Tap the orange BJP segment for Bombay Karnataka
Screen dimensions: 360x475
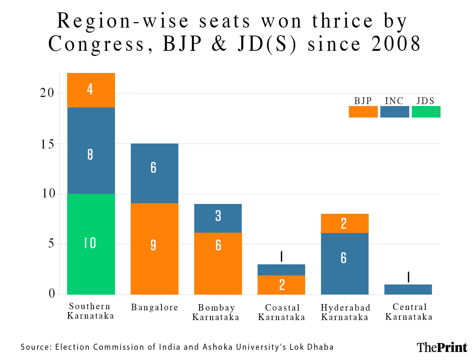tap(218, 263)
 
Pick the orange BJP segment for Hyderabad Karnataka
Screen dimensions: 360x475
tap(344, 223)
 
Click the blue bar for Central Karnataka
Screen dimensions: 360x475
tap(408, 289)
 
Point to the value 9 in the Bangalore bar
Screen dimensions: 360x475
tap(153, 245)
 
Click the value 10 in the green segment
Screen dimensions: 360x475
tap(90, 243)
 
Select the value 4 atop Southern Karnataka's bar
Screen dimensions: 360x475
tap(90, 89)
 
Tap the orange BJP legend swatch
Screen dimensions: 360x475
tap(363, 112)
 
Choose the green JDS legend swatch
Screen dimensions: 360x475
tap(426, 112)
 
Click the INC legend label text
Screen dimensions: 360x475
tap(394, 101)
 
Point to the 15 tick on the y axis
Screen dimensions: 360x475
tap(47, 144)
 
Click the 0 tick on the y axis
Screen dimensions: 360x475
tap(52, 293)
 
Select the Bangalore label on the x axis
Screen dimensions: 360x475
tap(155, 308)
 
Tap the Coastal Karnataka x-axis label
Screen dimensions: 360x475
tap(282, 312)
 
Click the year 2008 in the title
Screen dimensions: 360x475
tap(396, 44)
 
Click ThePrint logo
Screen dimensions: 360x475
tap(442, 347)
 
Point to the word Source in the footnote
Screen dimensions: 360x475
tap(35, 347)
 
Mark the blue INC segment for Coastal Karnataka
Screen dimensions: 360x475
tap(281, 270)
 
